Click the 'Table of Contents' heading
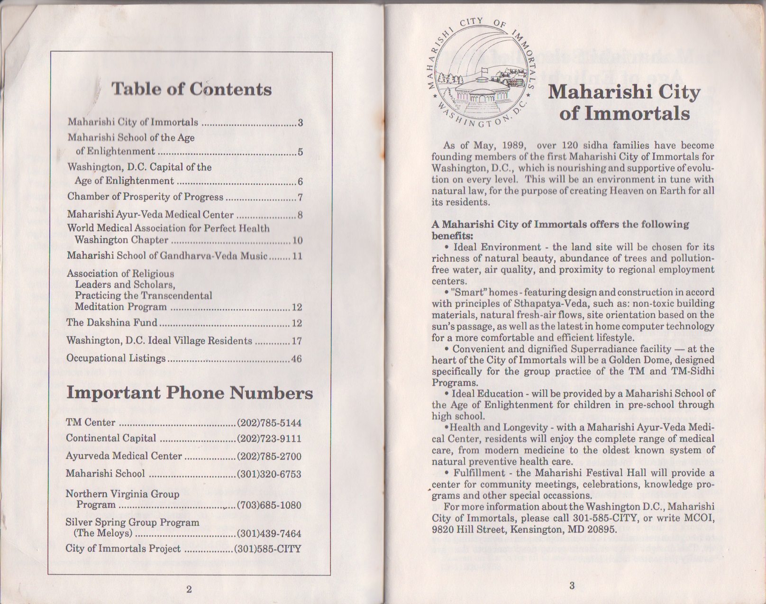click(x=191, y=89)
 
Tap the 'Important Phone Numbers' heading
click(x=190, y=393)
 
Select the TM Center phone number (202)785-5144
click(x=269, y=423)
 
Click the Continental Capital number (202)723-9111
click(x=269, y=439)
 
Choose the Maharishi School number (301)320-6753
click(x=269, y=474)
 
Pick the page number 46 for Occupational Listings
click(x=296, y=359)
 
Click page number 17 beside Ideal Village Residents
click(x=297, y=341)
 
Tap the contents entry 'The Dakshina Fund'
click(x=112, y=323)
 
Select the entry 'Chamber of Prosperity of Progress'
click(x=145, y=197)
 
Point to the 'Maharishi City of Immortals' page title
click(x=624, y=102)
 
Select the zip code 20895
click(x=602, y=530)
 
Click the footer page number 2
click(x=189, y=589)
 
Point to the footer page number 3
click(x=572, y=586)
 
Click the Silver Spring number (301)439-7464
click(x=269, y=534)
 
